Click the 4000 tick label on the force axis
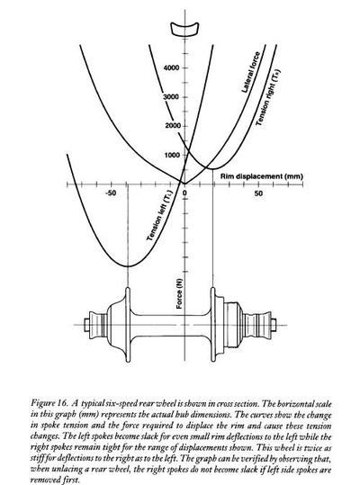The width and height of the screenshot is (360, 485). click(171, 67)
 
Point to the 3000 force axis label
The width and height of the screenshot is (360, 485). click(171, 97)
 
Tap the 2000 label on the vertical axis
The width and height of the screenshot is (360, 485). click(173, 126)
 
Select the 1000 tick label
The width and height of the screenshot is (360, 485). click(172, 155)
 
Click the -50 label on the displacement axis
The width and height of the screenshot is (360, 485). click(111, 193)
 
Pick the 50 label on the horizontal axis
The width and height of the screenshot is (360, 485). click(258, 193)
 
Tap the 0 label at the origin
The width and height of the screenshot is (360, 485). click(184, 193)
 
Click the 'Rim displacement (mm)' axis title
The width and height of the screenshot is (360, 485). click(262, 176)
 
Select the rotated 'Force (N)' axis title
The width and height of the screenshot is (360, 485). click(179, 293)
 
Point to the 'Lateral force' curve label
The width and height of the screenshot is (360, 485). click(251, 72)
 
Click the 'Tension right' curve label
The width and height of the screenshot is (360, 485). click(268, 98)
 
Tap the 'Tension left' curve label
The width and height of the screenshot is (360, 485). click(159, 218)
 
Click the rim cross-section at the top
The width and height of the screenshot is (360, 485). click(184, 29)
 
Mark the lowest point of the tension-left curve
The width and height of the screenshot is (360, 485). click(128, 266)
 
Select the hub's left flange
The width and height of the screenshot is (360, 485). click(128, 324)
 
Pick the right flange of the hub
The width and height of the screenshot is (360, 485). click(212, 324)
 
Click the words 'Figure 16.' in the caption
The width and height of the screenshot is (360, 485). click(49, 403)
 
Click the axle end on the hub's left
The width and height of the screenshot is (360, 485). click(86, 325)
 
